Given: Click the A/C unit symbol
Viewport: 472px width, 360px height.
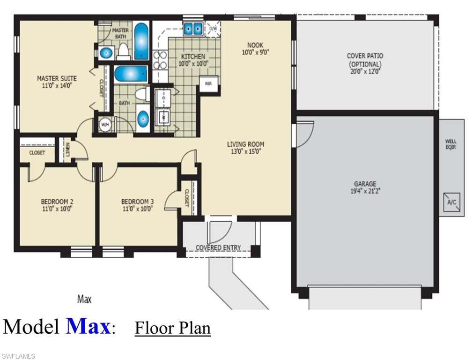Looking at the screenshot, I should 452,202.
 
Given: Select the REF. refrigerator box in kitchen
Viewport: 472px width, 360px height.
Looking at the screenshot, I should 208,84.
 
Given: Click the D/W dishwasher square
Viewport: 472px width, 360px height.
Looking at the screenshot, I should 213,28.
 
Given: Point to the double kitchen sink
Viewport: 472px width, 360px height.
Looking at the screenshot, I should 192,29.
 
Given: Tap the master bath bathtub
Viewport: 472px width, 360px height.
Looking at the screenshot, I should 141,41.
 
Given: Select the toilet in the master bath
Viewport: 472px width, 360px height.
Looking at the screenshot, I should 123,51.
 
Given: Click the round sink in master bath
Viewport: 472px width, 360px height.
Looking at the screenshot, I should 106,52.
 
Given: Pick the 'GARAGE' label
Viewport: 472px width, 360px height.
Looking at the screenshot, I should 365,184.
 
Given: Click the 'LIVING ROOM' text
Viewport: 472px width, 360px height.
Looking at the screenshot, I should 245,144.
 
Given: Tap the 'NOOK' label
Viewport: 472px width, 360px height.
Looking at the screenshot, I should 255,45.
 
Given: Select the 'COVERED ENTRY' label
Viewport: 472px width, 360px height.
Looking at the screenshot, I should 218,247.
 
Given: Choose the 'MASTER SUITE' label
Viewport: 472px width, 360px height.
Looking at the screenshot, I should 57,78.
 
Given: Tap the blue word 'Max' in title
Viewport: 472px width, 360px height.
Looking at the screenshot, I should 88,326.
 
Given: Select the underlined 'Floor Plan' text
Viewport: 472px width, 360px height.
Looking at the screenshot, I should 173,327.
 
